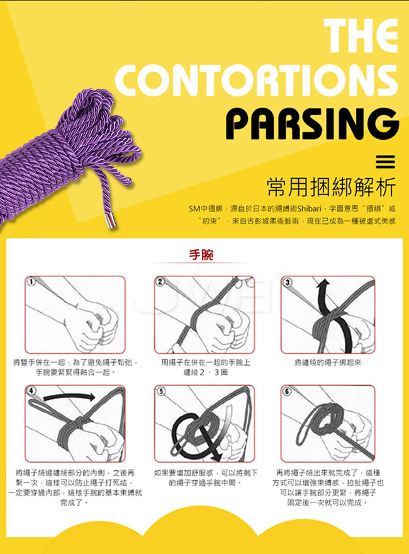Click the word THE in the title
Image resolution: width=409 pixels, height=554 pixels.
pos(361,35)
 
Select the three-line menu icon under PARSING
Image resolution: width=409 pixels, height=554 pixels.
pos(385,162)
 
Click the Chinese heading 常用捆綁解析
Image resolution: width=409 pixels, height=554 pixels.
pos(332,186)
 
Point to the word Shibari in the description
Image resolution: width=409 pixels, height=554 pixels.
pos(310,208)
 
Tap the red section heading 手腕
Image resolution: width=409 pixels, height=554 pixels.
pos(201,254)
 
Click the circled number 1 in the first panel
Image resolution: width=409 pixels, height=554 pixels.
pos(31,281)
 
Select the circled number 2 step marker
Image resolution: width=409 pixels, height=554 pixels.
pos(160,281)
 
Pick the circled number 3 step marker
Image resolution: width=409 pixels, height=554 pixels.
pos(288,282)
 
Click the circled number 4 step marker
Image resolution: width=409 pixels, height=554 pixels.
pos(32,390)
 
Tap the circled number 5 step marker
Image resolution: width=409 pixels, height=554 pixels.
pos(161,391)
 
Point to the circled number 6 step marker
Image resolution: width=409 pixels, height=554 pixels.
pos(287,391)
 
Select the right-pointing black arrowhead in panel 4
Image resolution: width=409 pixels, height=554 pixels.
pos(91,397)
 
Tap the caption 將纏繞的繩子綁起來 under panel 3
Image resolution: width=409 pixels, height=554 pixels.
pos(328,362)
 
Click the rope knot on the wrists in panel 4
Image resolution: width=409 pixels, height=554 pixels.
pos(79,422)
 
